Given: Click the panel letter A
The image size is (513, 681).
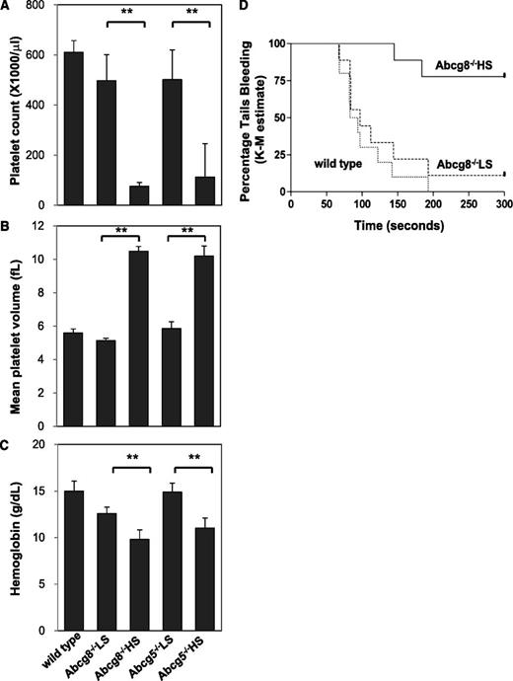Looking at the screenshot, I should [x=7, y=7].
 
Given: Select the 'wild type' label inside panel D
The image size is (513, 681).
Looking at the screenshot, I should [x=341, y=160].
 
